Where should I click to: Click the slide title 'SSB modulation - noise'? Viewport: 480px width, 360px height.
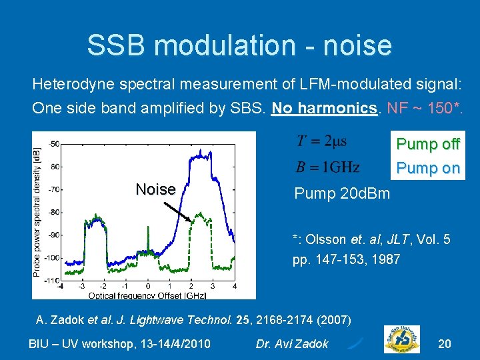click(239, 45)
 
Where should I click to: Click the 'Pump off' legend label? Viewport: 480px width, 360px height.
click(428, 144)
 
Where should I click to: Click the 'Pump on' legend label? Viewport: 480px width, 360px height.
click(428, 168)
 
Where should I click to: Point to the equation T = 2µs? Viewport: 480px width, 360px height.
click(321, 142)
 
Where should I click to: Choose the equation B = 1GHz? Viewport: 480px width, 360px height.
click(327, 166)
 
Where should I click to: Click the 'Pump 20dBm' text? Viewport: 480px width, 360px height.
click(342, 194)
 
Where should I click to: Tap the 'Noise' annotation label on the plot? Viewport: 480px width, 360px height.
click(155, 189)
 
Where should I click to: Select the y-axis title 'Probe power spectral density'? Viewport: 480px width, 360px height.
click(37, 211)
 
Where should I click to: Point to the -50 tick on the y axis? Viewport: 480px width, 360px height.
click(53, 143)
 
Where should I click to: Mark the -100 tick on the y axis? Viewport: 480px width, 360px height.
click(52, 257)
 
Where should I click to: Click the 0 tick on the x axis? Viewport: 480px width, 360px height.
click(147, 287)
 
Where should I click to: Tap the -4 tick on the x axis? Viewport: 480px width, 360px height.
click(60, 287)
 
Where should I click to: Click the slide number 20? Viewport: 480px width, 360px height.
click(444, 344)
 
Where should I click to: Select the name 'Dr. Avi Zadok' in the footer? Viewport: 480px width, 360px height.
click(292, 344)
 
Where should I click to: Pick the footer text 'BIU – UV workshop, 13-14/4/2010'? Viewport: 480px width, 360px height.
click(120, 344)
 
